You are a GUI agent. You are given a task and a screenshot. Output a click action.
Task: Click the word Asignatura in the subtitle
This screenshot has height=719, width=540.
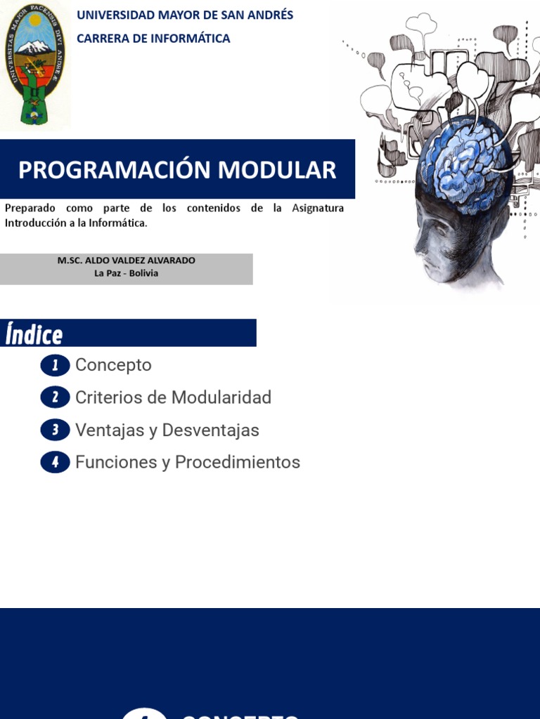pos(318,209)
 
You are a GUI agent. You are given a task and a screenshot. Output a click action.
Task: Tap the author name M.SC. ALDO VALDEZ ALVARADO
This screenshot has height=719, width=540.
pos(127,260)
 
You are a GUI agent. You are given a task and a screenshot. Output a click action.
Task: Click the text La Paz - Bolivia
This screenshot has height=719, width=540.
pos(127,273)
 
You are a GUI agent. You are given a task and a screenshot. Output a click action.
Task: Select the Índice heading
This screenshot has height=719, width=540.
pos(34,334)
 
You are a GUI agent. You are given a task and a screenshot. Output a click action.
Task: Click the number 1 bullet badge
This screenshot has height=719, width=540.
pos(55,365)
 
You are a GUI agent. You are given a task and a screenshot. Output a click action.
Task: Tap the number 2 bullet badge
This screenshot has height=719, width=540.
pos(55,397)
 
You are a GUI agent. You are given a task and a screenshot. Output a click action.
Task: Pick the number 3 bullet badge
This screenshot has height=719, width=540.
pos(55,430)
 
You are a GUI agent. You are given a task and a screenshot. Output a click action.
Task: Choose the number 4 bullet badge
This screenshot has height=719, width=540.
pos(55,462)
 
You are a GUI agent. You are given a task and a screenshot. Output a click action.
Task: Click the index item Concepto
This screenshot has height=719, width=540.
pos(113,365)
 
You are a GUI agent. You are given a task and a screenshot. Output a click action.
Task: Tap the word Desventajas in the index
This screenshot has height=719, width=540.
pos(211,430)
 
